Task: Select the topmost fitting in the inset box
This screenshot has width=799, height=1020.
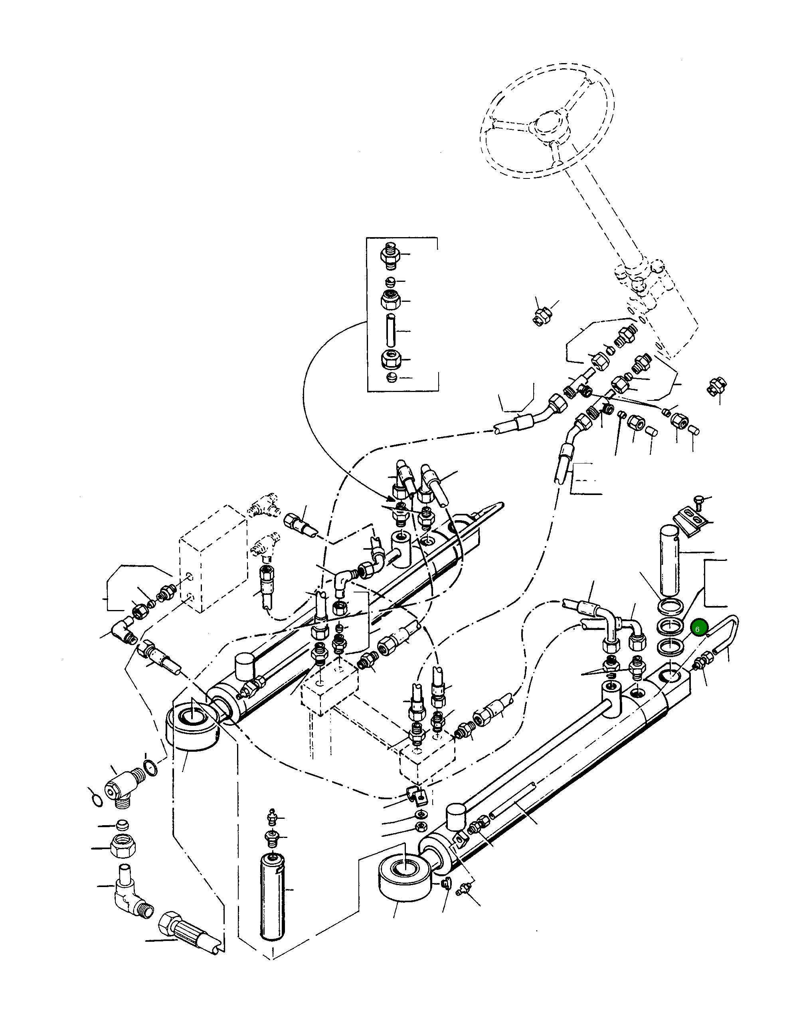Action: [x=391, y=255]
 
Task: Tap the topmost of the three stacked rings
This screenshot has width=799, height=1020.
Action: [x=671, y=606]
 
